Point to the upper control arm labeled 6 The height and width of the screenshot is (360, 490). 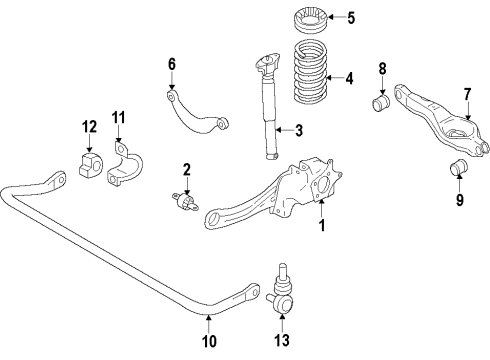[x=196, y=113]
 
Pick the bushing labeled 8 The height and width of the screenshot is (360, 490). [x=380, y=105]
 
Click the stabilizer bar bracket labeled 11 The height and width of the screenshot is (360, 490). [x=126, y=165]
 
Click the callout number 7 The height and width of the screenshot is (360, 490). [x=468, y=95]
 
